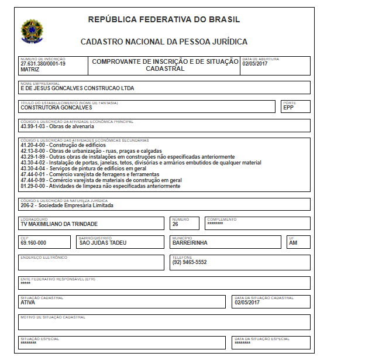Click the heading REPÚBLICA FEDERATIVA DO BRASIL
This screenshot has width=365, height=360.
pyautogui.click(x=164, y=19)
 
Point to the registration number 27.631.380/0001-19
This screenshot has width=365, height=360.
pyautogui.click(x=43, y=64)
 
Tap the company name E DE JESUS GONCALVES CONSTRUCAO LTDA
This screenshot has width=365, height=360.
pyautogui.click(x=77, y=88)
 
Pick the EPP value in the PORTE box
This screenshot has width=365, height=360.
pyautogui.click(x=288, y=108)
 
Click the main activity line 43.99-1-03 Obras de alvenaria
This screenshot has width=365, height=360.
pyautogui.click(x=57, y=126)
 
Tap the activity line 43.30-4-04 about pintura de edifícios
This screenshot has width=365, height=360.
pyautogui.click(x=83, y=169)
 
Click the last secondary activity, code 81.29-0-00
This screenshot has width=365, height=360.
pyautogui.click(x=100, y=186)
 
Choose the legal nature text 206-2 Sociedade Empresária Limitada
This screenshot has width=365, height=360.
pyautogui.click(x=67, y=205)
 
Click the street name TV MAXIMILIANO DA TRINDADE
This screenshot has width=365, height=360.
pyautogui.click(x=58, y=224)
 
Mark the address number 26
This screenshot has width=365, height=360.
pyautogui.click(x=175, y=224)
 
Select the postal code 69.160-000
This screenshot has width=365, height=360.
pyautogui.click(x=33, y=243)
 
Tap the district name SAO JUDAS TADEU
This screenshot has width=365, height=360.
pyautogui.click(x=103, y=243)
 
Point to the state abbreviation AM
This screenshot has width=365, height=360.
pyautogui.click(x=293, y=243)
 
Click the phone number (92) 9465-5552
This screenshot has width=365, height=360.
pyautogui.click(x=190, y=262)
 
